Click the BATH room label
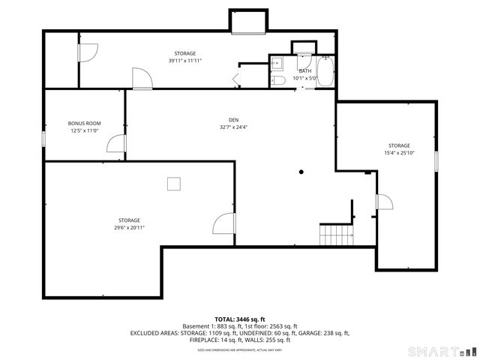pos(304,70)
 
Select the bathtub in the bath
pos(325,72)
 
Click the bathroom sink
pos(275,63)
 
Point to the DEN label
pos(234,120)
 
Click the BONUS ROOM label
pos(84,123)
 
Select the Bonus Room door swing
pos(115,144)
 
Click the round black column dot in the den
pos(301,172)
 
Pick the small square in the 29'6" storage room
pos(174,182)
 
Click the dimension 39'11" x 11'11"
pos(185,61)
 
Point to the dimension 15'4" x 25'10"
pos(399,153)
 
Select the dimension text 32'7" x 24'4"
pos(234,127)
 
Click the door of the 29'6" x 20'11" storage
pos(223,223)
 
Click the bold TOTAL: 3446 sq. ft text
pos(240,319)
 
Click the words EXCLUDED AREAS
pos(153,333)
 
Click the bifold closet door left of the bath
pos(237,78)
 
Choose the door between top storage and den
pos(142,79)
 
